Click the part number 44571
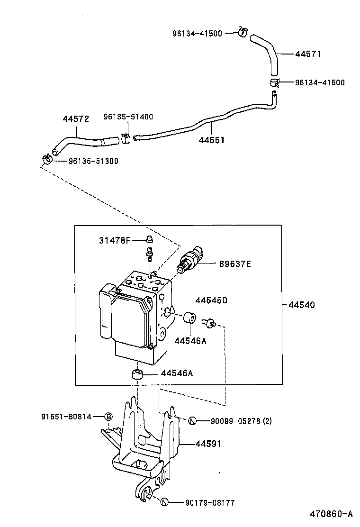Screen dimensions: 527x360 click(308, 54)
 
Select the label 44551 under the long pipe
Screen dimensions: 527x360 click(211, 141)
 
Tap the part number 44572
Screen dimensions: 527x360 click(76, 119)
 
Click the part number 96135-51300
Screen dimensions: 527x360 click(93, 161)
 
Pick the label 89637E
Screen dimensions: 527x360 click(234, 263)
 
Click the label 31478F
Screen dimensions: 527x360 click(115, 240)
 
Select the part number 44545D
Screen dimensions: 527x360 click(211, 300)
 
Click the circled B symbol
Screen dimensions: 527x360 click(108, 417)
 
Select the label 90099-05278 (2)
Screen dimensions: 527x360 click(235, 421)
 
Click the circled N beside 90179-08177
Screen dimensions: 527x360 click(164, 503)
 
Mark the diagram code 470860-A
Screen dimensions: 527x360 click(331, 514)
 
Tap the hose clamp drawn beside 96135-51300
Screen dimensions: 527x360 click(47, 160)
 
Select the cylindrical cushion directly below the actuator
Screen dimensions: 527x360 click(137, 374)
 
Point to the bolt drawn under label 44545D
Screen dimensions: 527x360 click(208, 322)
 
